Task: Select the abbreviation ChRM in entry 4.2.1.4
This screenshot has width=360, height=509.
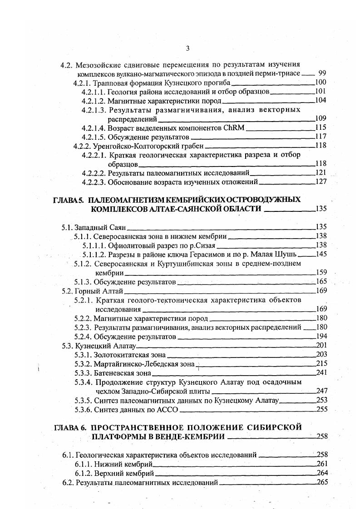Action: (234, 127)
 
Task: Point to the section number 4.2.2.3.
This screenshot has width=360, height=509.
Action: (94, 182)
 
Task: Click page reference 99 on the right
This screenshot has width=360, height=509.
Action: (322, 73)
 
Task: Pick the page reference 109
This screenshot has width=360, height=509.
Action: (321, 119)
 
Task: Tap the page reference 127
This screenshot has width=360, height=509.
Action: (321, 182)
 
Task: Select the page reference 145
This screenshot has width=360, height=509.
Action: (321, 254)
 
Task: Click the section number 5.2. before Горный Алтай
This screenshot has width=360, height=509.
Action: (68, 291)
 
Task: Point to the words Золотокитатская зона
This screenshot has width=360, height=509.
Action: (129, 355)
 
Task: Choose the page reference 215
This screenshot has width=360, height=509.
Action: (321, 364)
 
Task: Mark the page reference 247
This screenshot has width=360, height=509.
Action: (321, 391)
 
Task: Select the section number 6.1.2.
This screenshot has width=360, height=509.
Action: (84, 473)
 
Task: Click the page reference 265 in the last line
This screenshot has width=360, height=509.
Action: (321, 482)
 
